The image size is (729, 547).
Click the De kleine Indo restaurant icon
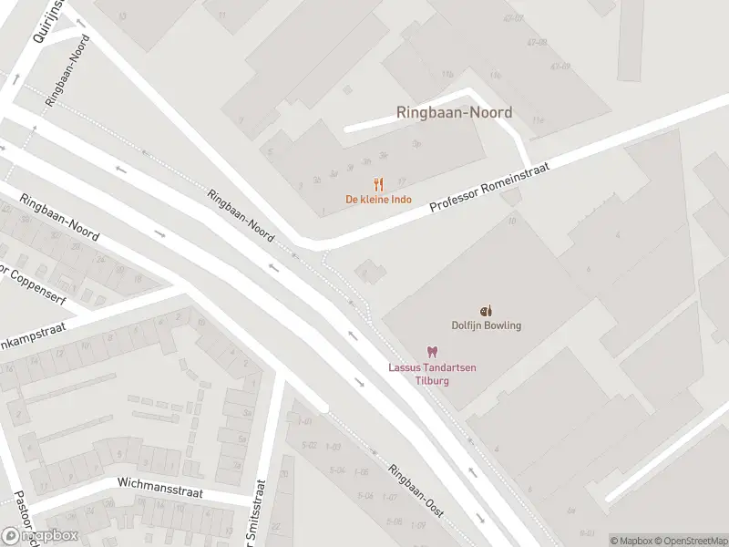pyautogui.click(x=378, y=183)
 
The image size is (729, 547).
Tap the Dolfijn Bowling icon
pyautogui.click(x=486, y=311)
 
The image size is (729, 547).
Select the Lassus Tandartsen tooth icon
pyautogui.click(x=433, y=352)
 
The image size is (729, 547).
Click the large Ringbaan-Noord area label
pyautogui.click(x=454, y=112)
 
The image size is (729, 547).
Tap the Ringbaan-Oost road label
pyautogui.click(x=415, y=491)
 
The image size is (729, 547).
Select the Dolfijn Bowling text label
pyautogui.click(x=487, y=325)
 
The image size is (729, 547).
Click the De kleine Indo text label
pyautogui.click(x=378, y=199)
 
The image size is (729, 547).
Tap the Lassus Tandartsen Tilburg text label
pyautogui.click(x=433, y=373)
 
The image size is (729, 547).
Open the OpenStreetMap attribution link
pyautogui.click(x=688, y=541)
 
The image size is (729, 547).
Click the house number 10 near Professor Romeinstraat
pyautogui.click(x=512, y=220)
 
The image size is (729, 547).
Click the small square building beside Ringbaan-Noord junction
pyautogui.click(x=369, y=270)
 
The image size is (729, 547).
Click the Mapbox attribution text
pyautogui.click(x=630, y=541)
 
